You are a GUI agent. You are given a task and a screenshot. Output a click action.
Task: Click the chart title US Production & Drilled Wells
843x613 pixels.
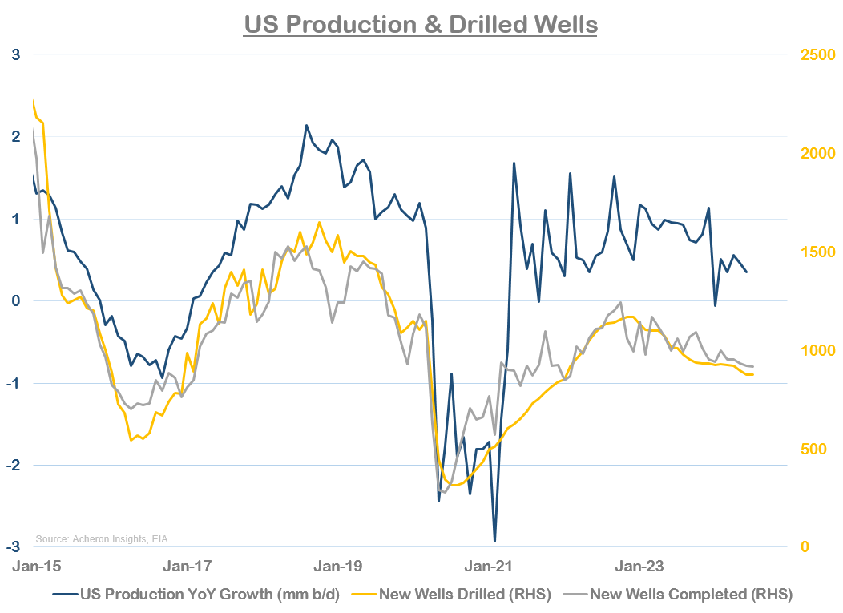pyautogui.click(x=421, y=24)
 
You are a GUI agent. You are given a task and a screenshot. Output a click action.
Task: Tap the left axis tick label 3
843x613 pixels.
pyautogui.click(x=15, y=55)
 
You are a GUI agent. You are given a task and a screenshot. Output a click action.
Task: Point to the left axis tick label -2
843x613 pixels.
pyautogui.click(x=13, y=465)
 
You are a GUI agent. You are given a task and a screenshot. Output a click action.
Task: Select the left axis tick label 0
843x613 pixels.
pyautogui.click(x=15, y=301)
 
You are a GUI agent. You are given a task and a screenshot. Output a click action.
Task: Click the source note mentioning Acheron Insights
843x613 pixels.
pyautogui.click(x=103, y=538)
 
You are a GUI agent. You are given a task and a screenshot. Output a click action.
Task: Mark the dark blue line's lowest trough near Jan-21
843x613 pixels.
pyautogui.click(x=494, y=541)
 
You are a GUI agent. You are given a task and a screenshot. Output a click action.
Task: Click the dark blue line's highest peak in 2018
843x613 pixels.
pyautogui.click(x=306, y=126)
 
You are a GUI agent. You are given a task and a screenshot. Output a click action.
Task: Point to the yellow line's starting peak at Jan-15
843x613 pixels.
pyautogui.click(x=33, y=102)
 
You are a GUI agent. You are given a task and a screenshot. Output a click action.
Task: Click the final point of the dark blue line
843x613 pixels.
pyautogui.click(x=747, y=272)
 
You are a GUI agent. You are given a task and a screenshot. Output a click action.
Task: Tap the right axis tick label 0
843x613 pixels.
pyautogui.click(x=805, y=546)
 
